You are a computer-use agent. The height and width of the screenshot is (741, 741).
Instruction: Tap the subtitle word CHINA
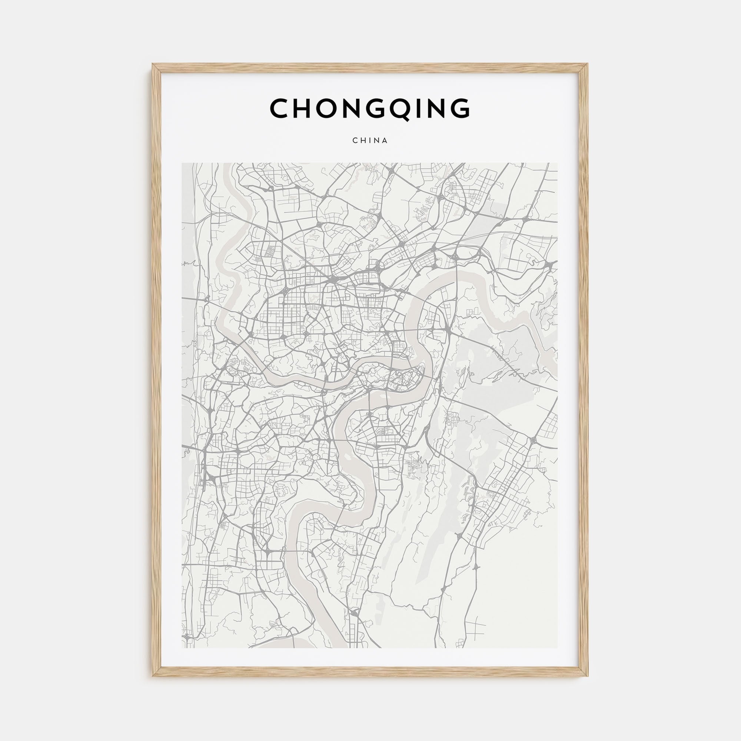pyautogui.click(x=370, y=141)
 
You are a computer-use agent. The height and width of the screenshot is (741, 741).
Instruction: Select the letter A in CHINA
pyautogui.click(x=385, y=141)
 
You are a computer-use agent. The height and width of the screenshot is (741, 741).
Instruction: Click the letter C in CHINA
pyautogui.click(x=355, y=141)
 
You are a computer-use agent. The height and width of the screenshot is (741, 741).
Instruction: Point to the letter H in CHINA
pyautogui.click(x=363, y=141)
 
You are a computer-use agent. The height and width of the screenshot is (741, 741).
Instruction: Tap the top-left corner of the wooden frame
pyautogui.click(x=153, y=64)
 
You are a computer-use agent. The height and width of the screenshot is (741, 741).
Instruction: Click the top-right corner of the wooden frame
pyautogui.click(x=588, y=64)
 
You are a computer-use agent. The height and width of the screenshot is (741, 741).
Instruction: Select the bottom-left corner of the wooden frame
pyautogui.click(x=153, y=677)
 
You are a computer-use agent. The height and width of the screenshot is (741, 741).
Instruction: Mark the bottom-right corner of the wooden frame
pyautogui.click(x=588, y=677)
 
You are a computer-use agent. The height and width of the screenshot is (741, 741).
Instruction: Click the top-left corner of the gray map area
pyautogui.click(x=182, y=163)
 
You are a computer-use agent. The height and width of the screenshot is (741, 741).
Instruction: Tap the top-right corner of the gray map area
pyautogui.click(x=558, y=163)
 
